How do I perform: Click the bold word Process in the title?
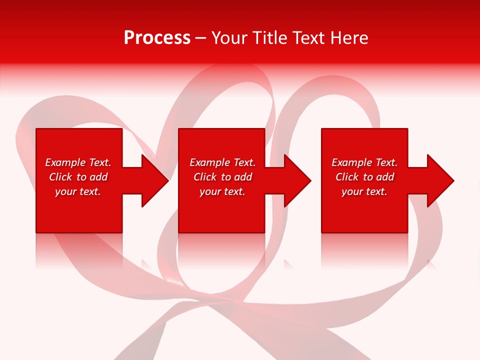pos(157,38)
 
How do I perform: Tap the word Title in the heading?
pos(269,38)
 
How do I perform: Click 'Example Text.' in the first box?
pos(78,162)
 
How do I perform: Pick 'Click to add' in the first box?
pos(78,177)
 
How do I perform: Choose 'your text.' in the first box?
pos(78,191)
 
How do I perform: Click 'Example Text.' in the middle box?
pos(222,162)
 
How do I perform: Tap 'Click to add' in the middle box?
pos(222,177)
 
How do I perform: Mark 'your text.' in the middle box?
pos(222,191)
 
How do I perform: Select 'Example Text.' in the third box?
pos(364,162)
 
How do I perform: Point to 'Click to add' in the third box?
pos(364,177)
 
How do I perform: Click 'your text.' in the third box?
pos(364,191)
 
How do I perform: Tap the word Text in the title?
pos(308,38)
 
